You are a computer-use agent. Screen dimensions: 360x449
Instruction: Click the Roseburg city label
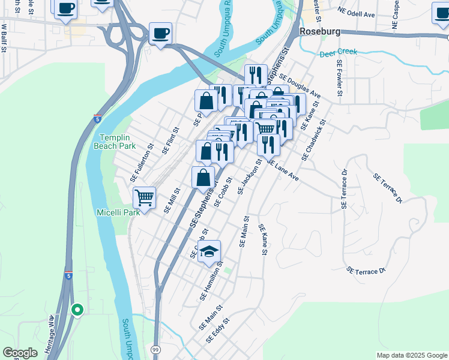[x=319, y=31]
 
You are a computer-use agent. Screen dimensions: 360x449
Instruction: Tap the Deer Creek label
[x=339, y=52]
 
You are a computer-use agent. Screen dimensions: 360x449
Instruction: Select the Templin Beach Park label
[x=114, y=142]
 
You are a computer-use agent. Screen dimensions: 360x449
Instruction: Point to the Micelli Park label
[x=118, y=212]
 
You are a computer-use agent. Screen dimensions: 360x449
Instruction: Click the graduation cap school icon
[x=209, y=252]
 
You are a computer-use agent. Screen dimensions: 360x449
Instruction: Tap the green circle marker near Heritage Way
[x=77, y=310]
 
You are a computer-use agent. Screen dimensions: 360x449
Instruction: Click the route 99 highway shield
[x=155, y=349]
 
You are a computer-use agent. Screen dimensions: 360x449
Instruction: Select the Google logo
[x=20, y=353]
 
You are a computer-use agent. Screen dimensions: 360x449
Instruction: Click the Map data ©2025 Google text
[x=411, y=355]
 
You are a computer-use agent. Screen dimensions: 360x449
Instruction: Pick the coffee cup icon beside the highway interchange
[x=160, y=34]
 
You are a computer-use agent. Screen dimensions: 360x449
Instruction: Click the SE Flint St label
[x=171, y=140]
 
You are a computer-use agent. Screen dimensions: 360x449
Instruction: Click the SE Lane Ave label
[x=282, y=170]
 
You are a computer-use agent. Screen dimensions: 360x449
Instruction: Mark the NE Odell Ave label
[x=356, y=11]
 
